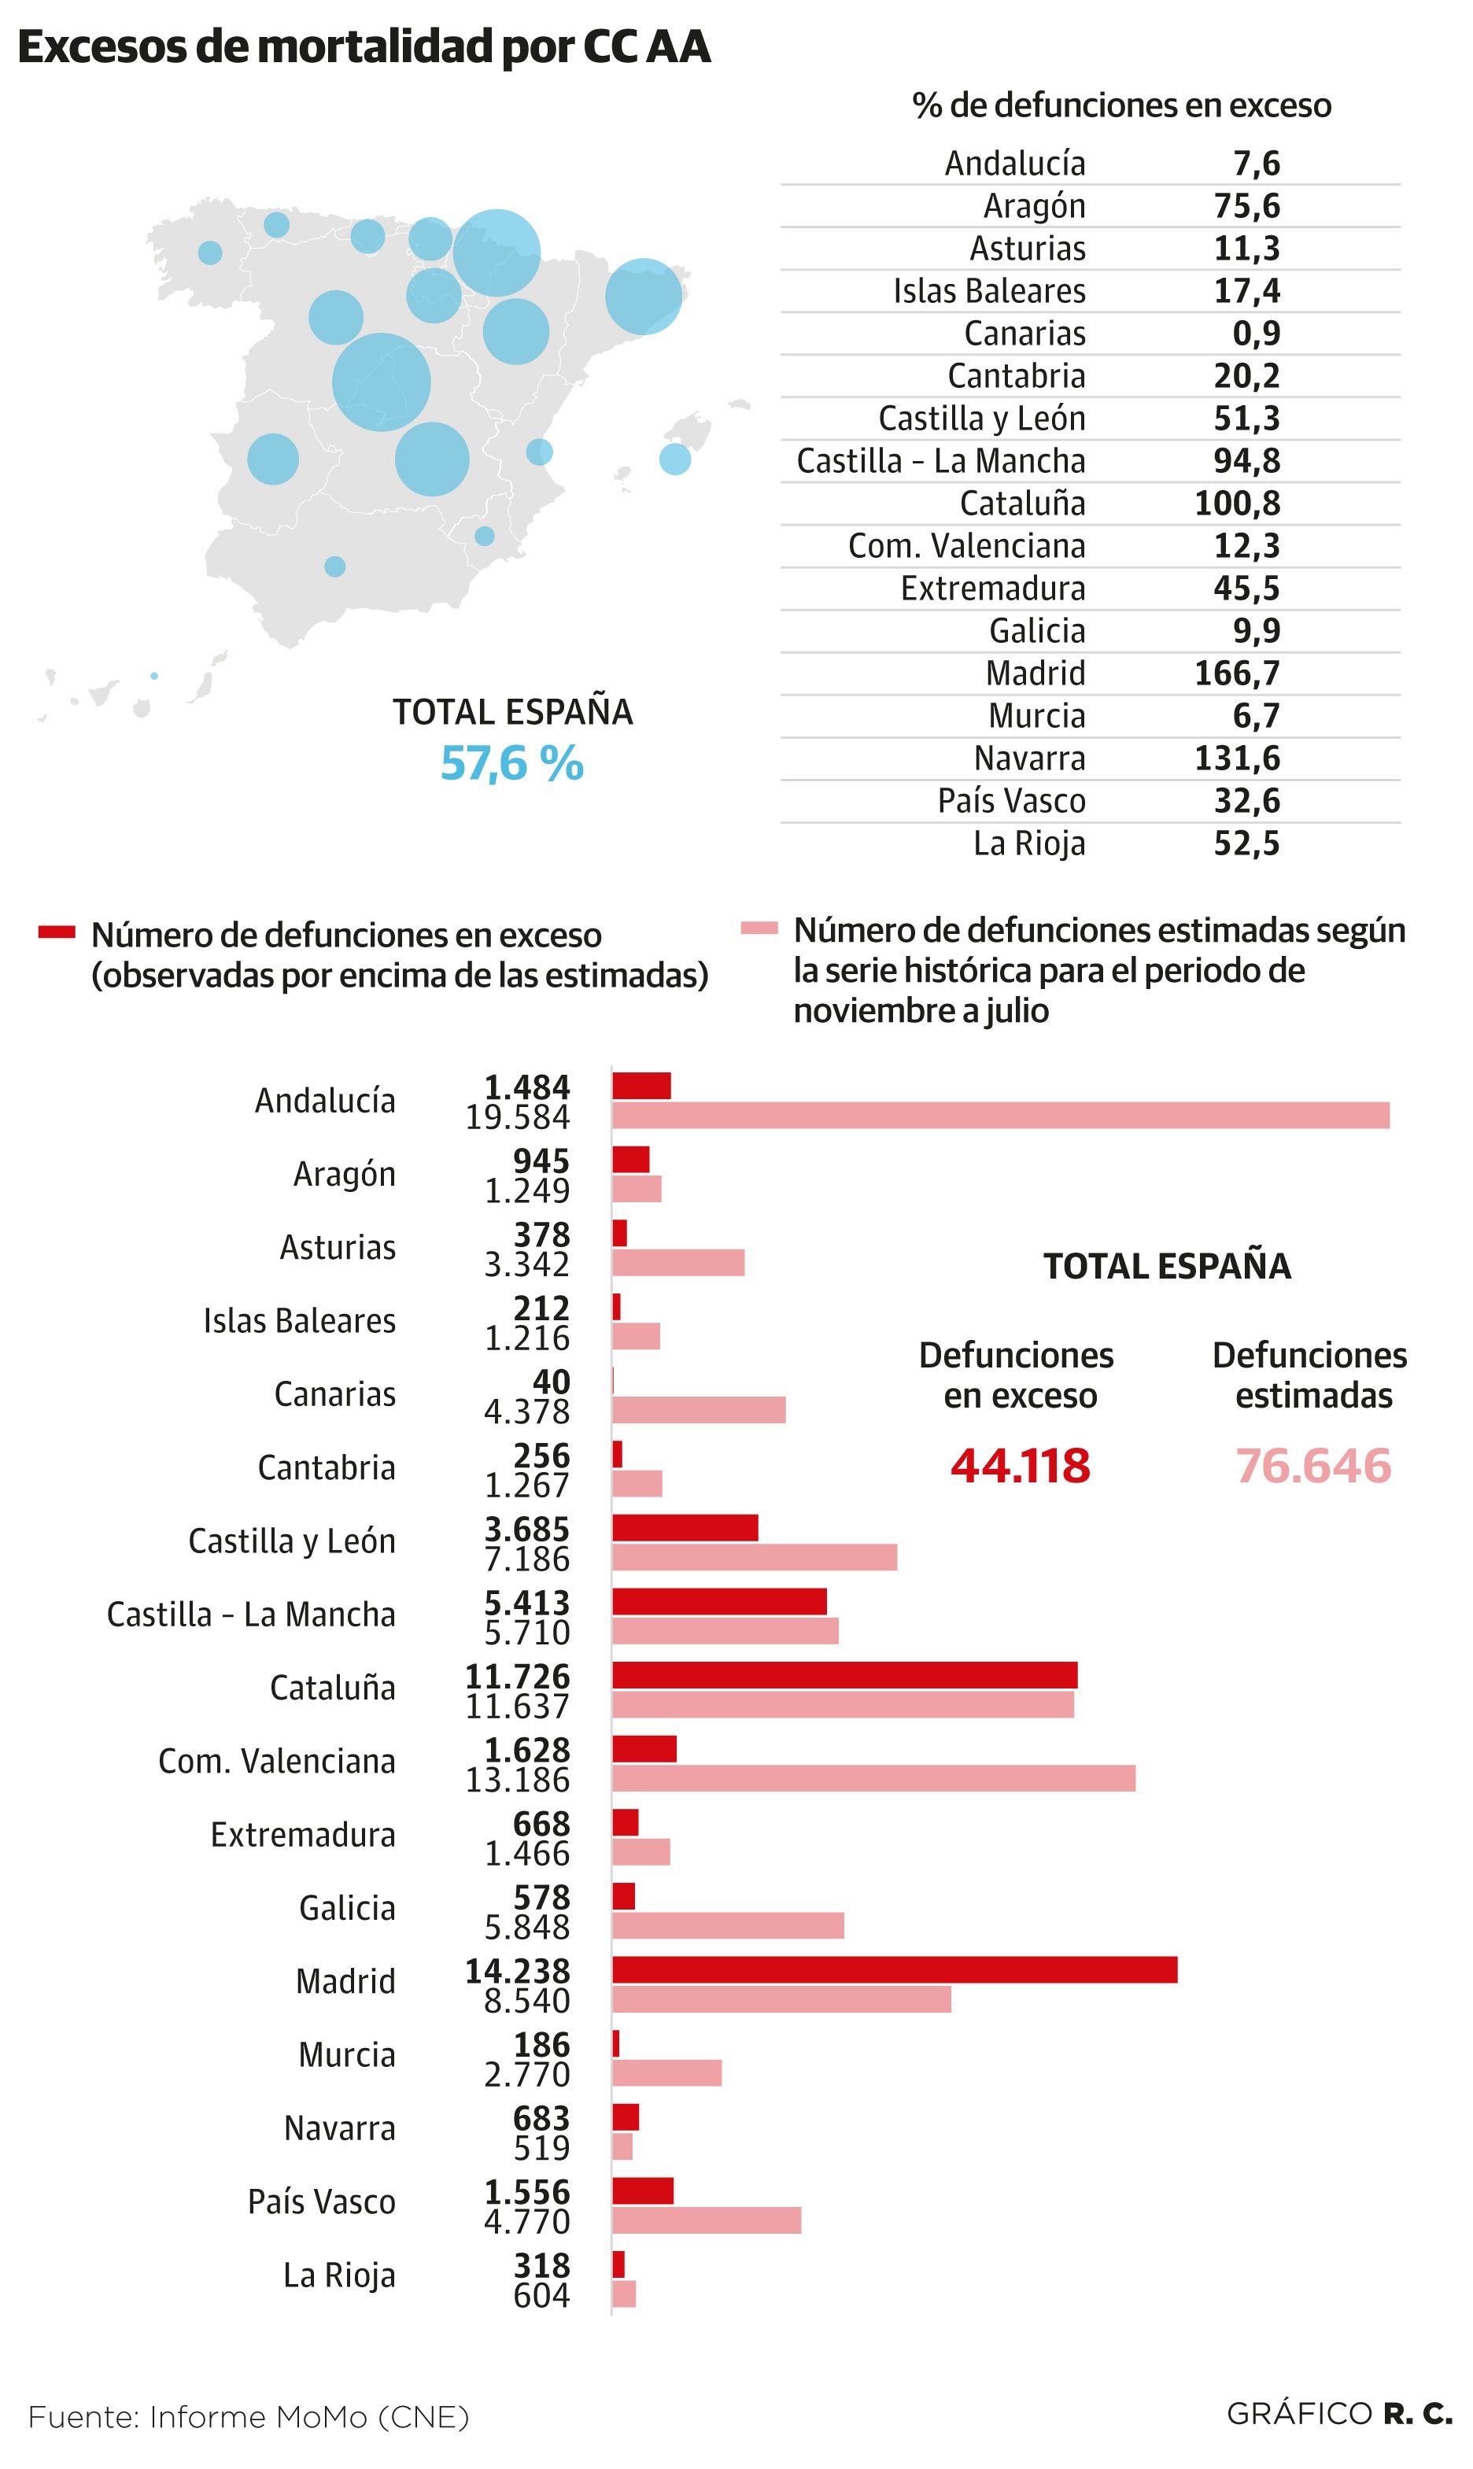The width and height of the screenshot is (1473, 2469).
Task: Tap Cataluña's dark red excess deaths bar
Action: (844, 1675)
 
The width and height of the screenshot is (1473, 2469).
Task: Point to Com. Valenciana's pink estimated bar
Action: (873, 1778)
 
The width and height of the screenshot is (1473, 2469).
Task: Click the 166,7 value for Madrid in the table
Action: (1237, 673)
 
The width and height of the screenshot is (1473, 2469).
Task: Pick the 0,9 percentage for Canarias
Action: (1256, 334)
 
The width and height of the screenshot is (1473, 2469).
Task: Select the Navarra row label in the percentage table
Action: (1029, 758)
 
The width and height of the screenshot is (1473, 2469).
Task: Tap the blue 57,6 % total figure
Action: (511, 763)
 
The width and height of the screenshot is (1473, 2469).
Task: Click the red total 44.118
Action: (1020, 1466)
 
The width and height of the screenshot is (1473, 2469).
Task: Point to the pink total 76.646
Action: (1313, 1466)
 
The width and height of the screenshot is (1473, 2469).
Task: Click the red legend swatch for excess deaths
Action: (57, 931)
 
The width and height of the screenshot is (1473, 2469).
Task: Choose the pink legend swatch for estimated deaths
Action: (759, 928)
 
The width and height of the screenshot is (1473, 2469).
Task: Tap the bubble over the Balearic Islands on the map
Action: (675, 459)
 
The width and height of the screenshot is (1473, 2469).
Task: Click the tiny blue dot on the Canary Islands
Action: (154, 676)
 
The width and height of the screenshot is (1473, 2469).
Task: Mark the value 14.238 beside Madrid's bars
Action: (517, 1970)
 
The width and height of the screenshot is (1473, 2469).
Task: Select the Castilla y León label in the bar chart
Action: (292, 1541)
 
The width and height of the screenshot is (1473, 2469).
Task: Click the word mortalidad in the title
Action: (375, 46)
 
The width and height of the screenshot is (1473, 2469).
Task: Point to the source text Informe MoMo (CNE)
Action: (308, 2416)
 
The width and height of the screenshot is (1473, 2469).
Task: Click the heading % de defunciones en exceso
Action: (1120, 105)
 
